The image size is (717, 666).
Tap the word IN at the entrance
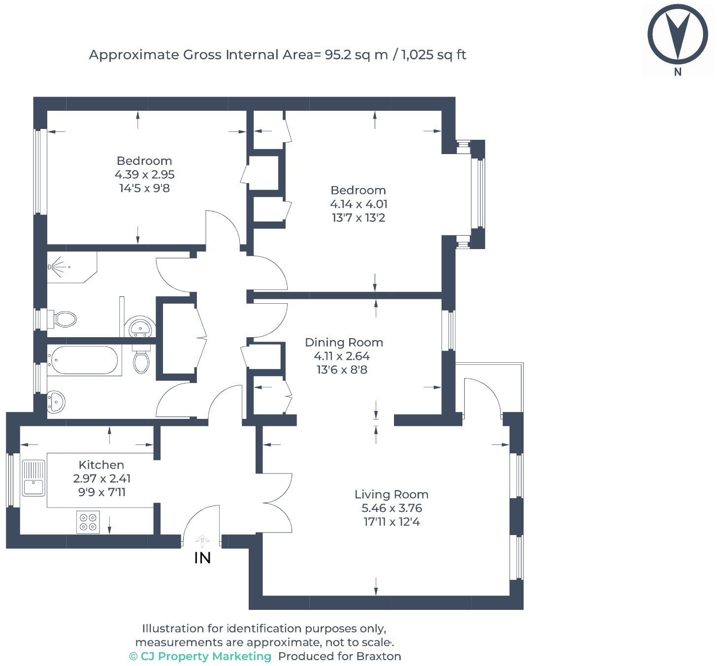click(x=203, y=558)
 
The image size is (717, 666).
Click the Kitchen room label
click(x=101, y=465)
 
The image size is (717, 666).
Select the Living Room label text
click(x=391, y=494)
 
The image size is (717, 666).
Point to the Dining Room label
click(x=344, y=342)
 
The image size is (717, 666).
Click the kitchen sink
click(x=33, y=477)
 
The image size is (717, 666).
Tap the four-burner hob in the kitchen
click(x=88, y=522)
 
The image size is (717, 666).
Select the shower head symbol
click(x=51, y=267)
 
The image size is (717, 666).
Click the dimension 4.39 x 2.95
click(x=144, y=174)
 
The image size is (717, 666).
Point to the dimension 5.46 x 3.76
click(x=391, y=508)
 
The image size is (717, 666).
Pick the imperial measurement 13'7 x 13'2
click(x=358, y=218)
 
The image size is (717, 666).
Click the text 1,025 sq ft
click(x=434, y=55)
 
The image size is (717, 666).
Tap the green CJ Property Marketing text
click(x=200, y=656)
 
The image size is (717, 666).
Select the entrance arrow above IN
click(x=202, y=541)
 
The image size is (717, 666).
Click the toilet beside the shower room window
click(x=64, y=319)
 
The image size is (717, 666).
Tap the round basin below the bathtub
click(x=56, y=401)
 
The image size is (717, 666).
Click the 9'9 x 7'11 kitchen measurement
click(x=102, y=492)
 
